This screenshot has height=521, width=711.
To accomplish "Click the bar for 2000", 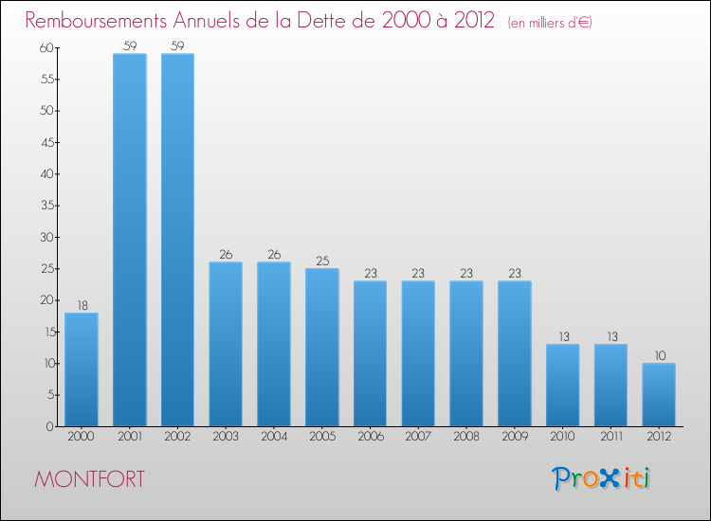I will [82, 369].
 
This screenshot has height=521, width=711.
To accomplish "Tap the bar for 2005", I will [322, 347].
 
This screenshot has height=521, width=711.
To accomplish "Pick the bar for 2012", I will [659, 394].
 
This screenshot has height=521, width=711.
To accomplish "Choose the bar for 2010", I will [562, 385].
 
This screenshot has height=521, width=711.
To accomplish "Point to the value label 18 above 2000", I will [82, 305].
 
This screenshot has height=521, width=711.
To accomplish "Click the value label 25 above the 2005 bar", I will [322, 260].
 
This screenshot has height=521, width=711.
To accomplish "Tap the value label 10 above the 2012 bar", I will [659, 355].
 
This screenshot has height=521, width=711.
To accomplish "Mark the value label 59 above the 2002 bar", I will [177, 45].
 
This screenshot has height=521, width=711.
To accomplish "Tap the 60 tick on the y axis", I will [44, 47].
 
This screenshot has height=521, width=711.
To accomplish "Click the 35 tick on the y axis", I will [44, 206].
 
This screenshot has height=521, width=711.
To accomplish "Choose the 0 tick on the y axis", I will [47, 426].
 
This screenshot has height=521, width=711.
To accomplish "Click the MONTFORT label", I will [90, 479].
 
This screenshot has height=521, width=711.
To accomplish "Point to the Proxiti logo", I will [602, 478].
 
